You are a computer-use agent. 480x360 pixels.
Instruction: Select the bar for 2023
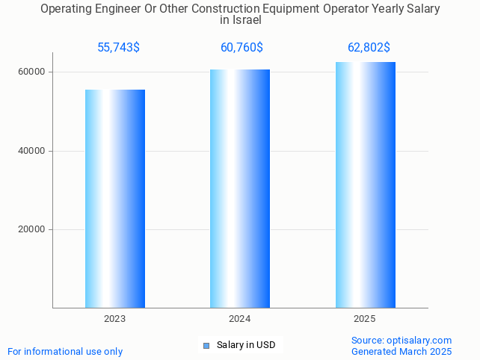click(x=115, y=198)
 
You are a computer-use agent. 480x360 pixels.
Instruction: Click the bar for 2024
click(x=240, y=188)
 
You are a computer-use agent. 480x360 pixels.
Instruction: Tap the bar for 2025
click(x=365, y=184)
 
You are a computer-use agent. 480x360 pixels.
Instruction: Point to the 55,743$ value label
click(x=118, y=48)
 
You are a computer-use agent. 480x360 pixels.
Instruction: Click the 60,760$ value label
click(x=241, y=48)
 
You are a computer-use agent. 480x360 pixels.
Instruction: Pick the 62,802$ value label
click(x=369, y=48)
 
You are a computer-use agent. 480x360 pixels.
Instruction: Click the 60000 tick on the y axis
click(x=31, y=72)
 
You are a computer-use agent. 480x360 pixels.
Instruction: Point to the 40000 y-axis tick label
click(x=31, y=151)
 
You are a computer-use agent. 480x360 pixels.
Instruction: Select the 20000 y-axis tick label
click(x=31, y=230)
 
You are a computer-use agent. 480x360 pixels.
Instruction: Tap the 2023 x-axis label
click(x=115, y=319)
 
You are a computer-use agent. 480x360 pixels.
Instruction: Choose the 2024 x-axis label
click(x=240, y=319)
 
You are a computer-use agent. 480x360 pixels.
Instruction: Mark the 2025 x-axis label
click(x=365, y=319)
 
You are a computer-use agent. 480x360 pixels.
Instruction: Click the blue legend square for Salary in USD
click(x=206, y=345)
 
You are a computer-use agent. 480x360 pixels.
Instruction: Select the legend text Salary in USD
click(x=246, y=345)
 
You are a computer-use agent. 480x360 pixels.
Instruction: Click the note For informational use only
click(x=65, y=351)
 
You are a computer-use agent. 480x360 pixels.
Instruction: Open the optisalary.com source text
click(x=401, y=340)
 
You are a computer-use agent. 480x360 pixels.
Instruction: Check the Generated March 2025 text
click(x=401, y=351)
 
